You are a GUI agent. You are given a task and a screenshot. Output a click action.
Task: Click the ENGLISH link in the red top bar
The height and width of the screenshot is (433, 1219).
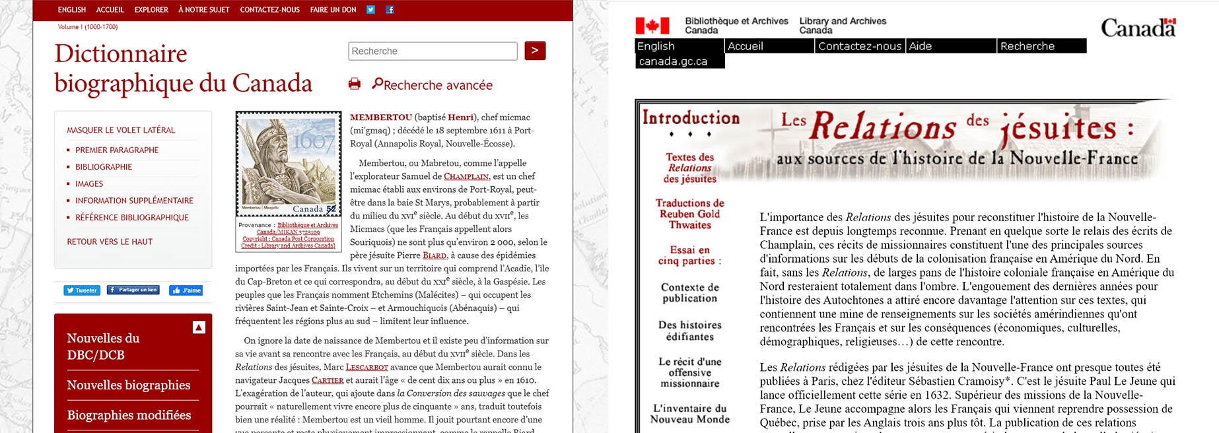[x=71, y=10]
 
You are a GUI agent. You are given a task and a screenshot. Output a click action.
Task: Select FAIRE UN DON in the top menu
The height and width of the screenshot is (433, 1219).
[x=333, y=10]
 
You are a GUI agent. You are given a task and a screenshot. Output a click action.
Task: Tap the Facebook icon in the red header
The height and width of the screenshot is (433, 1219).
[x=390, y=10]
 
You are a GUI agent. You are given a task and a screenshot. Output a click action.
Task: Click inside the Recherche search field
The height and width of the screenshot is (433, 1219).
[x=433, y=51]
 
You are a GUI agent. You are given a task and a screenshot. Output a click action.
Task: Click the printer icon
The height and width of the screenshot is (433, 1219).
[x=355, y=84]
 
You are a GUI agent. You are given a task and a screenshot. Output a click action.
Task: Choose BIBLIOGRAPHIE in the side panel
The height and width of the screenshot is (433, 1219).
[x=104, y=167]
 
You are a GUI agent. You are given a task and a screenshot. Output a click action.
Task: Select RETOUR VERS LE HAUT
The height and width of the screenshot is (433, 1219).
[x=110, y=242]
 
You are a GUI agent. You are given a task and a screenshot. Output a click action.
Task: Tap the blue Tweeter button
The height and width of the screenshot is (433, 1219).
[x=82, y=290]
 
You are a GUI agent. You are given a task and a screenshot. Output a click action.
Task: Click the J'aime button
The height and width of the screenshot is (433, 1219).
[x=186, y=290]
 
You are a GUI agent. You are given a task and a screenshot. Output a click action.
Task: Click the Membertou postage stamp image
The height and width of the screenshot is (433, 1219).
[x=287, y=163]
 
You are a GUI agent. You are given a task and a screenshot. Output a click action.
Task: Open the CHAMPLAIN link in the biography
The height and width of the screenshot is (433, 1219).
[x=466, y=177]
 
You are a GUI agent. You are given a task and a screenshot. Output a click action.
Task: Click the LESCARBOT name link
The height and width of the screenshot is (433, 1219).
[x=366, y=367]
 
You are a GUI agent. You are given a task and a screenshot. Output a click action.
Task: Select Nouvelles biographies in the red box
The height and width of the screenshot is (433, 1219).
[x=129, y=385]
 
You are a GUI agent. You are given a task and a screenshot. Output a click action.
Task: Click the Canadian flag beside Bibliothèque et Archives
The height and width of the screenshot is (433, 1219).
[x=652, y=26]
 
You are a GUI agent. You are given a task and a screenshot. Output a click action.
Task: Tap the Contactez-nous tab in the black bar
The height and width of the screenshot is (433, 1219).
[x=859, y=46]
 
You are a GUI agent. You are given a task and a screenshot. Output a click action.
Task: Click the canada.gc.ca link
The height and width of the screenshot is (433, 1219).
[x=673, y=61]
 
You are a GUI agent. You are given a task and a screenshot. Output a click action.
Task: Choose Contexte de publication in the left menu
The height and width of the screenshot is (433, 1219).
[x=690, y=292]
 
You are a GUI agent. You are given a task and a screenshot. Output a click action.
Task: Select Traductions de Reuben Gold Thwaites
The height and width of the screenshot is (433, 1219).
[x=690, y=214]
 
